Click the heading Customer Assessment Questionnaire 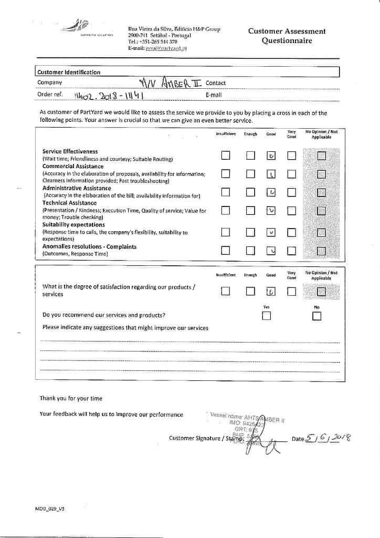(287, 36)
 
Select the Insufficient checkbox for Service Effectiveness (225, 156)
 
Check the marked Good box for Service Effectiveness (271, 156)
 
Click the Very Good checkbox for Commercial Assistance (291, 174)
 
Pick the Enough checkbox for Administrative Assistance (250, 192)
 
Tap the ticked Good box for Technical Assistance (271, 211)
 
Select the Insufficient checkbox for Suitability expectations (225, 232)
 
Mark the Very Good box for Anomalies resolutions (291, 250)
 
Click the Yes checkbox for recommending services (267, 316)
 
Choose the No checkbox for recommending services (316, 316)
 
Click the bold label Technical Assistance (69, 203)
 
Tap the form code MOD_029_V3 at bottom (50, 509)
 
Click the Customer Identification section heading (69, 72)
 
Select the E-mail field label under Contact (214, 95)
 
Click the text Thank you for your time (71, 398)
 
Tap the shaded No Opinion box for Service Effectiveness (321, 156)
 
